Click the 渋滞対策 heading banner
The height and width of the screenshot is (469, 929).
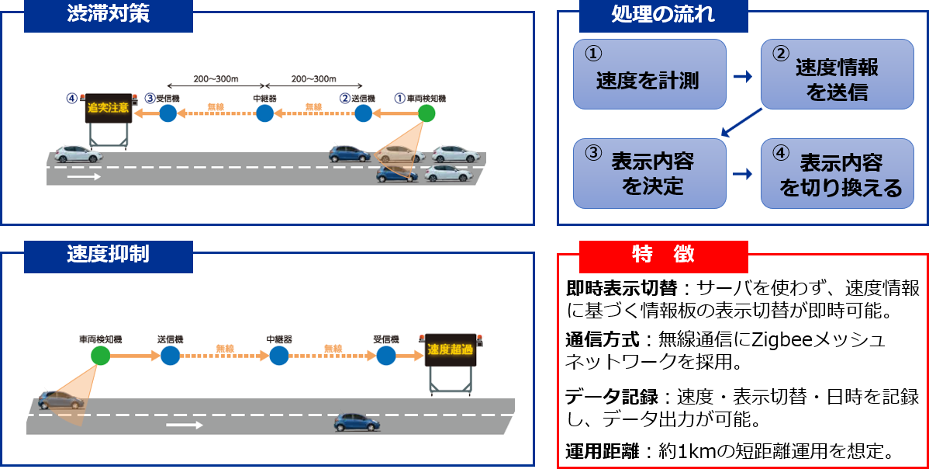tap(108, 16)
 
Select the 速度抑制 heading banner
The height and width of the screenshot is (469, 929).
tap(108, 255)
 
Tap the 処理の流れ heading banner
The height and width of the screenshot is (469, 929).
tap(663, 15)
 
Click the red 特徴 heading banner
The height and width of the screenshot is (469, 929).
tap(663, 255)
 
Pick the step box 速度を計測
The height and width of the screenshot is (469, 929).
tap(649, 74)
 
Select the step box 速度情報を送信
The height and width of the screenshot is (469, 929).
tap(837, 74)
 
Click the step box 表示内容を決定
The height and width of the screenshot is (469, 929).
tap(649, 173)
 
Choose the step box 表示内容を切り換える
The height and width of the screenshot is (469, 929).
tap(837, 173)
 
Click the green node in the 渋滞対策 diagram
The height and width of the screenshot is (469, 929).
tap(426, 114)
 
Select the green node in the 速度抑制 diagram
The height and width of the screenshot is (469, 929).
tap(100, 356)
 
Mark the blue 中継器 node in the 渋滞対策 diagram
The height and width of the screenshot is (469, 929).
tap(264, 114)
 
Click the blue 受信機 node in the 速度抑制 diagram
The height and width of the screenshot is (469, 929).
tap(385, 356)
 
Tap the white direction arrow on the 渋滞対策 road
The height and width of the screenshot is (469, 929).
tap(85, 176)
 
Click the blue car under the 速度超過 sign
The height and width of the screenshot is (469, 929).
tap(357, 422)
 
